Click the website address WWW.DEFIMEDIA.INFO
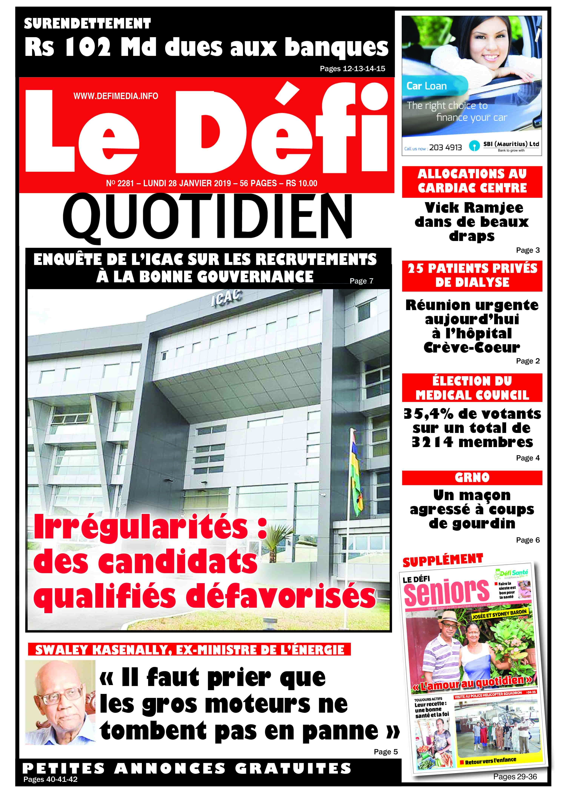click(x=116, y=96)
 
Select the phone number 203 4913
click(x=445, y=148)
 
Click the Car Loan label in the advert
click(x=427, y=86)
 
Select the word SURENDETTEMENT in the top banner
click(x=87, y=24)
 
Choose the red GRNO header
click(x=472, y=477)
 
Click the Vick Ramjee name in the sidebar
click(x=474, y=208)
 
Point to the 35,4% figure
click(x=429, y=414)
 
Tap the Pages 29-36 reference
click(x=515, y=777)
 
